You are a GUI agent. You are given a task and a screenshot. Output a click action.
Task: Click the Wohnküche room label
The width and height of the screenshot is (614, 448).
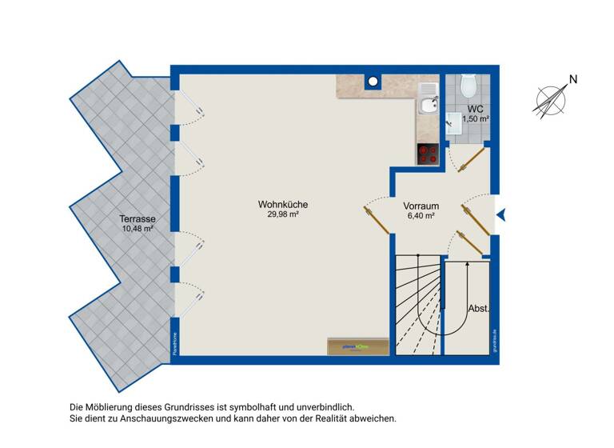(282, 204)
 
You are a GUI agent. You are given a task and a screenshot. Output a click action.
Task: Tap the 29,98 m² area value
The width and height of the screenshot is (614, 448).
(282, 214)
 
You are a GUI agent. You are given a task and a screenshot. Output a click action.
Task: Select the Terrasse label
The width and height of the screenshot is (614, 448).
(137, 218)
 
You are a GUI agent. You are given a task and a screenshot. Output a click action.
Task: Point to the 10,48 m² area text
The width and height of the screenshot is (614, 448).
(137, 228)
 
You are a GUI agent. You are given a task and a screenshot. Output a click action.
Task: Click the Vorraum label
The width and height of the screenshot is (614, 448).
(421, 205)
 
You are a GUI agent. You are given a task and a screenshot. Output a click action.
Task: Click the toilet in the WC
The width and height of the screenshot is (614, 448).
(468, 84)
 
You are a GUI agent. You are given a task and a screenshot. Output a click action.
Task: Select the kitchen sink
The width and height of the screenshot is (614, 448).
(428, 105)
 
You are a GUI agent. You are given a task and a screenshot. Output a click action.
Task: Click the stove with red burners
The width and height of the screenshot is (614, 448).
(428, 154)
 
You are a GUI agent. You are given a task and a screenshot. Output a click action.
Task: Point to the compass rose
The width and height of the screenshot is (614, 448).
(550, 100)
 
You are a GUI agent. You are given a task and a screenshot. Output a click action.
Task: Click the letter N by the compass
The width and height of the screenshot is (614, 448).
(572, 79)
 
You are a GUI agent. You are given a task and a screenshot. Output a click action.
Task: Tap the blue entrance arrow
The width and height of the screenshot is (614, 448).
(501, 214)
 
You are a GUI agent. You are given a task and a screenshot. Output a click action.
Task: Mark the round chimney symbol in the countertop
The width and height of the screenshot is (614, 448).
(373, 81)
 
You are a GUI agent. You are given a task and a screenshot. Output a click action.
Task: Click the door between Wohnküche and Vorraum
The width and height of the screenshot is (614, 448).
(376, 218)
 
